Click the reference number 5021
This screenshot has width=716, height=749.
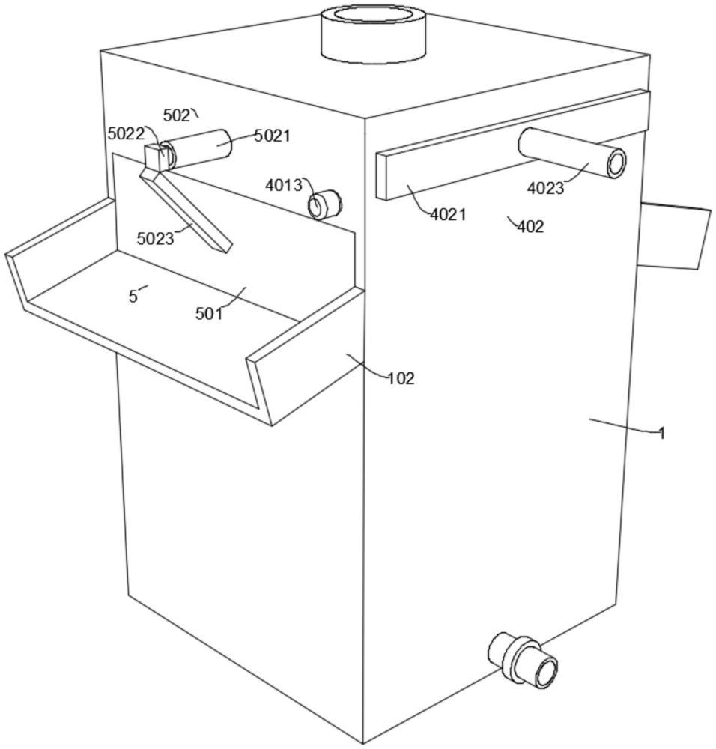pyautogui.click(x=272, y=136)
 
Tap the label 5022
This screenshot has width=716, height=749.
pyautogui.click(x=125, y=134)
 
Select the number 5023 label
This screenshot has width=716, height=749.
pyautogui.click(x=155, y=239)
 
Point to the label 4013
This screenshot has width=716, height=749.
pyautogui.click(x=284, y=185)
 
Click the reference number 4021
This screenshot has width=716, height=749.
pyautogui.click(x=448, y=215)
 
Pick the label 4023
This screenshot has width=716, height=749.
pyautogui.click(x=545, y=189)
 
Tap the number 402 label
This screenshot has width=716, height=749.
pyautogui.click(x=530, y=226)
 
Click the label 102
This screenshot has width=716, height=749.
pyautogui.click(x=401, y=378)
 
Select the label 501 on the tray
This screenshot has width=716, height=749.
pyautogui.click(x=210, y=314)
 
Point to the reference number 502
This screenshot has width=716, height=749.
pyautogui.click(x=177, y=115)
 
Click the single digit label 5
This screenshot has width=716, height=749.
pyautogui.click(x=133, y=297)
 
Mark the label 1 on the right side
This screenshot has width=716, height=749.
pyautogui.click(x=661, y=433)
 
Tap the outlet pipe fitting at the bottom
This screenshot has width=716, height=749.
pyautogui.click(x=524, y=658)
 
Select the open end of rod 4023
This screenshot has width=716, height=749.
pyautogui.click(x=616, y=163)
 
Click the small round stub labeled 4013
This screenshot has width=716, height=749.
pyautogui.click(x=325, y=204)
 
